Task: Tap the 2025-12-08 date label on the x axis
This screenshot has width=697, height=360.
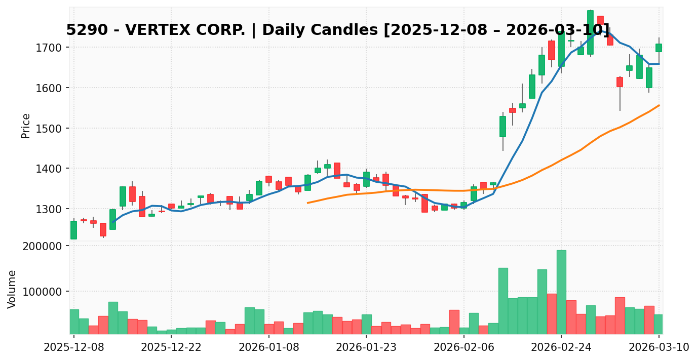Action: pos(74,348)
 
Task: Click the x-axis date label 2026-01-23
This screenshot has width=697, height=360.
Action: pos(366,348)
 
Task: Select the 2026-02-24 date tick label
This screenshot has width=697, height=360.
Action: pos(561,348)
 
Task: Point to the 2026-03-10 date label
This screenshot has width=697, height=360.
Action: pos(659,348)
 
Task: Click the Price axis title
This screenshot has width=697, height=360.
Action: pos(26,126)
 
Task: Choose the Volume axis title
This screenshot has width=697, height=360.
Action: pos(12,289)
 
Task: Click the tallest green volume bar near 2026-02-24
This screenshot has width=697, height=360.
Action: pos(561,292)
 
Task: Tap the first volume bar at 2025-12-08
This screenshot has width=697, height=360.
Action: pos(74,322)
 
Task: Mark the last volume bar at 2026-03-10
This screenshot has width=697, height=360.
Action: pos(659,324)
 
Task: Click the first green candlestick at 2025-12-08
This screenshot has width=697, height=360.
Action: pos(74,230)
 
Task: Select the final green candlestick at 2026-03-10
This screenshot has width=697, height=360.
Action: pos(659,48)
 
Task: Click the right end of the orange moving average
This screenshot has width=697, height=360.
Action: pos(659,105)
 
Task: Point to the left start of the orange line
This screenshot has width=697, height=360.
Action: pos(307,203)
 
